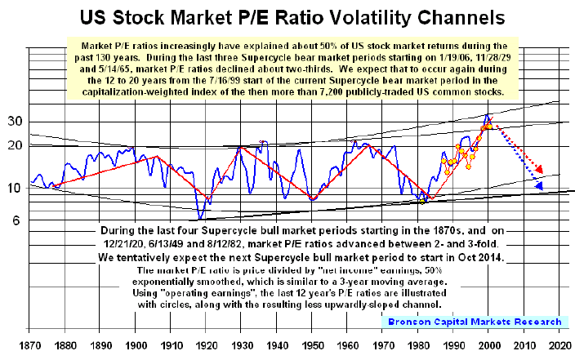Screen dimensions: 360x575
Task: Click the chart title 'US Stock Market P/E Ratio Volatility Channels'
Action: (x=288, y=17)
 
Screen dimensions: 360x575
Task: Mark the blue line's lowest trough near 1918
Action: (x=201, y=218)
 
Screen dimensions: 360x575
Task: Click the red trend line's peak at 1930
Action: (x=239, y=147)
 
